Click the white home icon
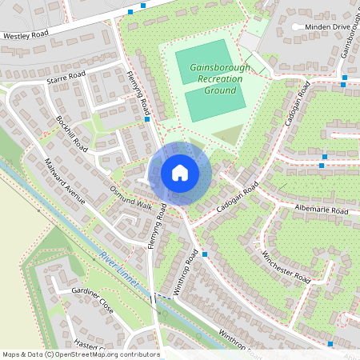pyautogui.click(x=180, y=172)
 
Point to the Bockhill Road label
pyautogui.click(x=72, y=133)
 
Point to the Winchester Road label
pyautogui.click(x=286, y=266)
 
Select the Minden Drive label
pyautogui.click(x=322, y=27)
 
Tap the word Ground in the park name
pyautogui.click(x=220, y=91)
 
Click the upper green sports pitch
pyautogui.click(x=207, y=61)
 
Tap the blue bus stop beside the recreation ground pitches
pyautogui.click(x=148, y=120)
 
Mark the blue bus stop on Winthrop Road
pyautogui.click(x=206, y=254)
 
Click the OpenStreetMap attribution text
pyautogui.click(x=80, y=354)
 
